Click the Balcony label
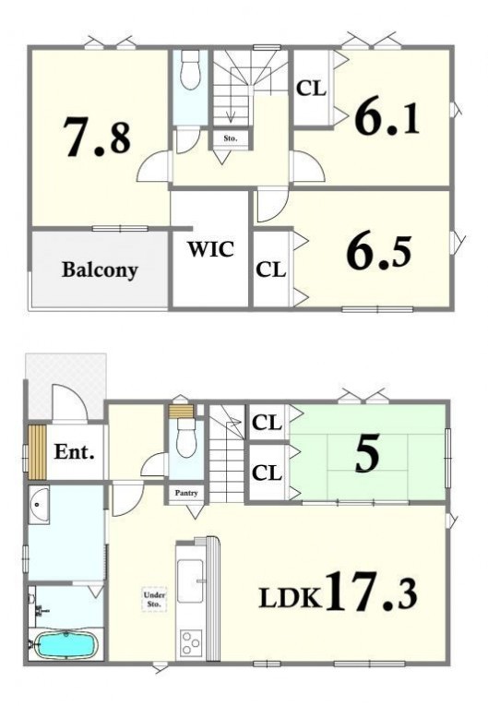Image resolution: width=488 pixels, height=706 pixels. pos(100,269)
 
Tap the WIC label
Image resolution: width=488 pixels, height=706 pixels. pos(211,249)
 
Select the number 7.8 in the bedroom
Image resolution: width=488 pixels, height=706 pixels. pos(96,137)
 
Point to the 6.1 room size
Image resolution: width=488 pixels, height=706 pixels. pos(387,117)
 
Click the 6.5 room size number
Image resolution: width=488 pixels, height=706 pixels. pos(378,253)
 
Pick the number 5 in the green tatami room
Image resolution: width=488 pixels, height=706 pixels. pos(367,453)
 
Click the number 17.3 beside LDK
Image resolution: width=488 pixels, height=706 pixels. pos(371,591)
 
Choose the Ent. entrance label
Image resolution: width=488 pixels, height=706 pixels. pos(75,451)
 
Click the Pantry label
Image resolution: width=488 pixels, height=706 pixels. pos(186,493)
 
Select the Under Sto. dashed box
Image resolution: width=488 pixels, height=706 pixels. pos(154,599)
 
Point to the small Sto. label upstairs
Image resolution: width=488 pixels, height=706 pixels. pos(230,138)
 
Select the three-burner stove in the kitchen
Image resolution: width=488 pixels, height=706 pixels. pos(191,643)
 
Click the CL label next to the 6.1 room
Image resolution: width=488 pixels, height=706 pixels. pos(311,89)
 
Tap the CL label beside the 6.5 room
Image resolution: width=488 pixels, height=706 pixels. pos(270,269)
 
